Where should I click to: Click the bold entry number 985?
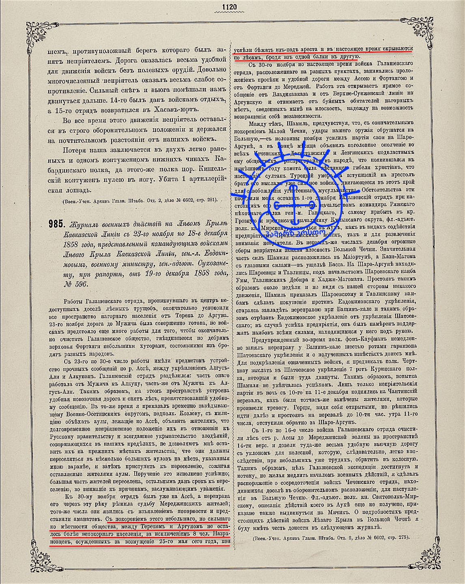click(x=55, y=224)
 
